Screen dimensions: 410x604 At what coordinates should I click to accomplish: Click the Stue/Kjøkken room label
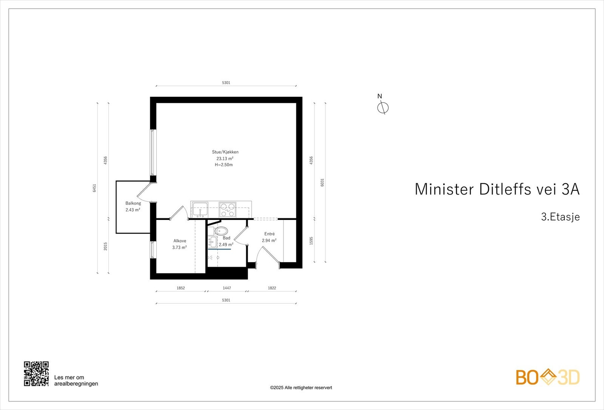(225, 152)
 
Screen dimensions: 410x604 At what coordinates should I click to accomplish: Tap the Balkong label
(133, 203)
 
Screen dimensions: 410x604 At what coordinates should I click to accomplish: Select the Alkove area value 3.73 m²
(179, 248)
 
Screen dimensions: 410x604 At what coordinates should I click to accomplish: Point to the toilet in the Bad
(222, 231)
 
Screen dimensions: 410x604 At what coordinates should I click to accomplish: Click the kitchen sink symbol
(200, 209)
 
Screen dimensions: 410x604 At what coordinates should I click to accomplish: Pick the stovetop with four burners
(228, 210)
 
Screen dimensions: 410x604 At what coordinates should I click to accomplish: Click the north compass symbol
(383, 108)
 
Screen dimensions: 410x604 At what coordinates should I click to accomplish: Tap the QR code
(36, 374)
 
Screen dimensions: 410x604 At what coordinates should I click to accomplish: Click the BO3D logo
(548, 377)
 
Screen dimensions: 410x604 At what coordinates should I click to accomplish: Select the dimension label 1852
(181, 288)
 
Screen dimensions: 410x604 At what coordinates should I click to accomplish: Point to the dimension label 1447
(227, 288)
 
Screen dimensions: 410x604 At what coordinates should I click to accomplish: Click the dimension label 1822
(272, 288)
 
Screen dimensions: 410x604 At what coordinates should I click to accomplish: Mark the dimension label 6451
(95, 188)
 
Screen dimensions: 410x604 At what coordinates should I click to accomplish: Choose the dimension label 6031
(322, 182)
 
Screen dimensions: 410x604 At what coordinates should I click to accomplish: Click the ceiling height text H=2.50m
(224, 165)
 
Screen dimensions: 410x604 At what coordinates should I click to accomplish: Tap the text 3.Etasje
(560, 217)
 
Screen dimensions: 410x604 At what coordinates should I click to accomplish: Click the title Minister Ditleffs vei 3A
(497, 189)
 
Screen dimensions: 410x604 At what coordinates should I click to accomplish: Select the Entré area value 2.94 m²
(269, 240)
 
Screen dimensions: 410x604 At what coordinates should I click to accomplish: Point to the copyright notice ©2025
(301, 387)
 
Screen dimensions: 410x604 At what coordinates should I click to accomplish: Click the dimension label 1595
(311, 241)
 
